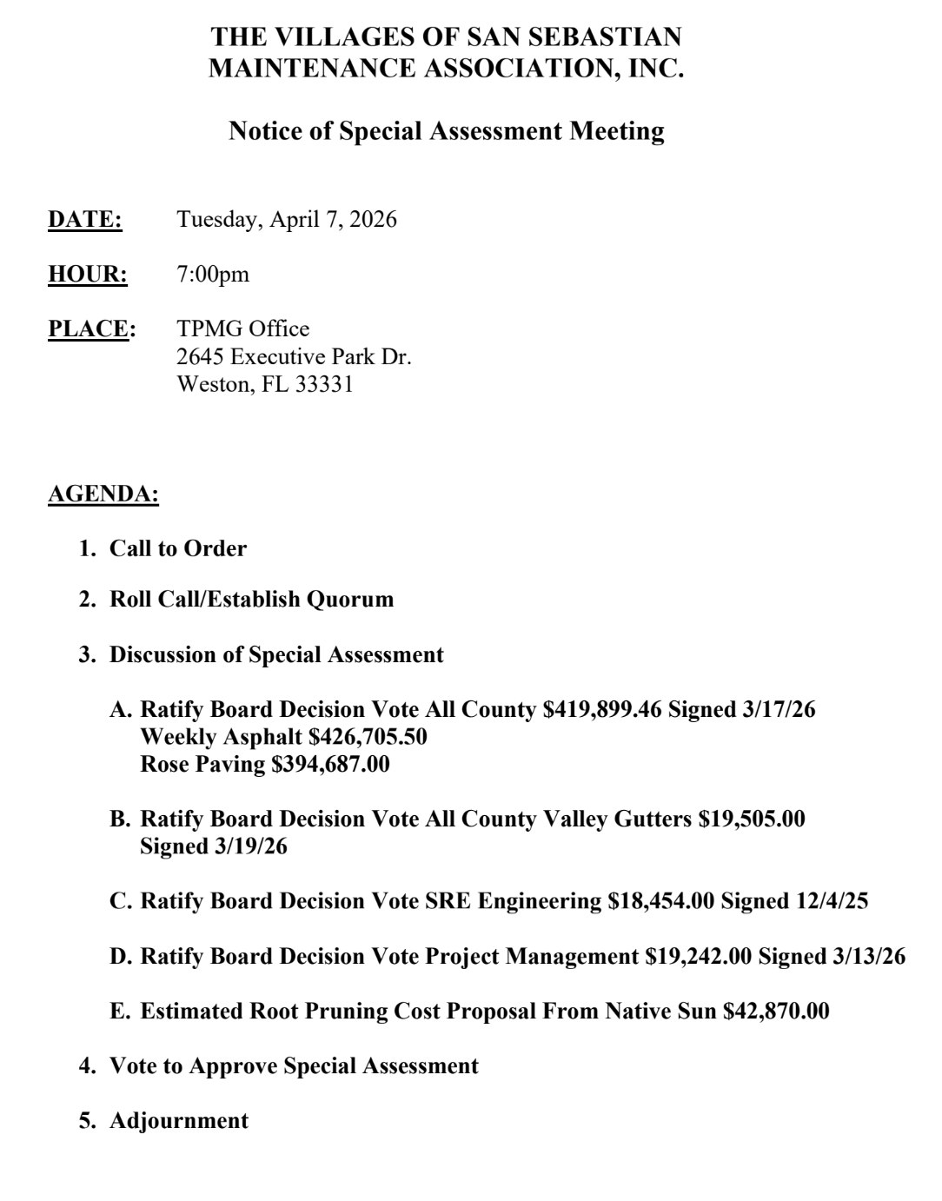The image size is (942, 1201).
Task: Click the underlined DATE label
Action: [85, 220]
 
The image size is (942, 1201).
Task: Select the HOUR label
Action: [88, 275]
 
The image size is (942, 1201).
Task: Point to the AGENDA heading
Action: [103, 494]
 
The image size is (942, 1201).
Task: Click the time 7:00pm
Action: [213, 275]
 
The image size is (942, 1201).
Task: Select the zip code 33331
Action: [324, 385]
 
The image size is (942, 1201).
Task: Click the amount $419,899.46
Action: [602, 710]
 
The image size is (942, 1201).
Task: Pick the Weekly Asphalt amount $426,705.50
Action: [368, 738]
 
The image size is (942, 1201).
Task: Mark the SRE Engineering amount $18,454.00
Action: [661, 901]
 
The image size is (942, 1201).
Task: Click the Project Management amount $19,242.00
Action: [699, 957]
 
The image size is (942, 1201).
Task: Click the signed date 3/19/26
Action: [250, 846]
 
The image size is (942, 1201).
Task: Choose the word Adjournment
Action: [179, 1121]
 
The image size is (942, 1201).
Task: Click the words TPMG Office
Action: [243, 329]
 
